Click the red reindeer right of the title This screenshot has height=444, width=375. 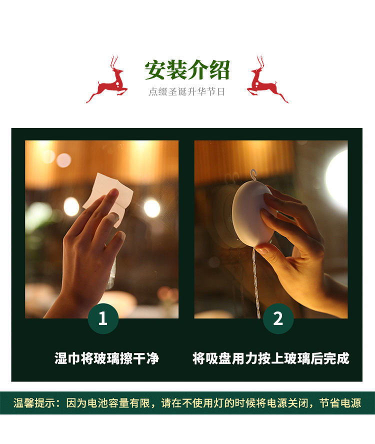[265, 80]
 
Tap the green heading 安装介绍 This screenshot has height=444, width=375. [187, 70]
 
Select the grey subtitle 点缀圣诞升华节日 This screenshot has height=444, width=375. [187, 92]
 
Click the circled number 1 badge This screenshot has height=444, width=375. [103, 318]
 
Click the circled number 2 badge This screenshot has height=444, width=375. [278, 318]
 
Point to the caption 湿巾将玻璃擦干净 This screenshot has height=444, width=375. [106, 358]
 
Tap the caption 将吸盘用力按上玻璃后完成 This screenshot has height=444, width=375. [270, 358]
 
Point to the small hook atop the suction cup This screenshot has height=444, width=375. [253, 175]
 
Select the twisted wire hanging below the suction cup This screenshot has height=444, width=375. [256, 280]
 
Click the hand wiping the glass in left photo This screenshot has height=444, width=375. [90, 250]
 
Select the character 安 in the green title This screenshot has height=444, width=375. [155, 70]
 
